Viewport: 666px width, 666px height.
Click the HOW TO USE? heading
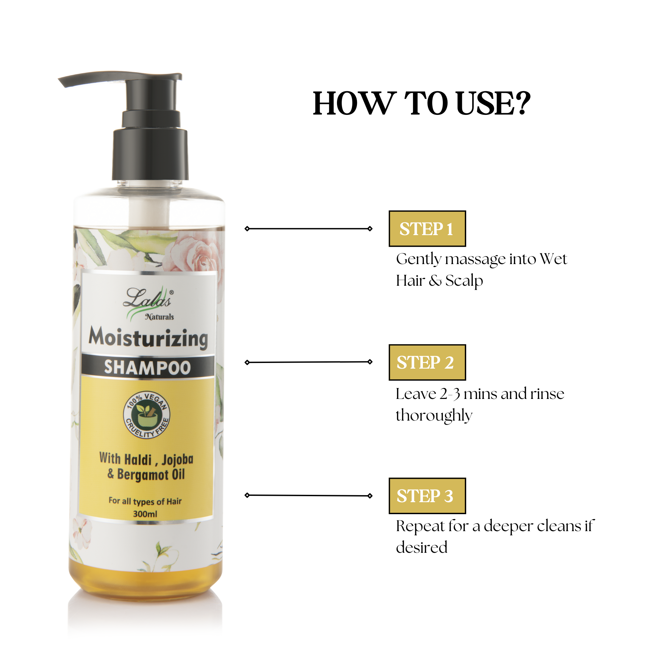pos(421,104)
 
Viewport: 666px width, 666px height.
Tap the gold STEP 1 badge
pos(427,229)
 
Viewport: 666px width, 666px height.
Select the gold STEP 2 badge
pos(427,362)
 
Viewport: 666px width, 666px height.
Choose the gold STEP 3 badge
pos(427,496)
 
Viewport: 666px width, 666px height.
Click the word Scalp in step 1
pos(464,281)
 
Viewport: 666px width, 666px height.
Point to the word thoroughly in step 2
pos(434,415)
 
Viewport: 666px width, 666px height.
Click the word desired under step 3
pos(421,548)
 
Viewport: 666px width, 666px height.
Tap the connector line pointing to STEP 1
pos(309,228)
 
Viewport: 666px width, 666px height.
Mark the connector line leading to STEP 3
pos(309,496)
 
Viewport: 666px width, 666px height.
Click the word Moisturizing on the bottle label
pos(148,338)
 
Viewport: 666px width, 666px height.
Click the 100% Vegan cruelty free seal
pos(147,415)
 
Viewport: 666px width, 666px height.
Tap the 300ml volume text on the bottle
pos(145,514)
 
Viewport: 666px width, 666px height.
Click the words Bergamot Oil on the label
pos(151,475)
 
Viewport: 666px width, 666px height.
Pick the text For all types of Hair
pos(145,501)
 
